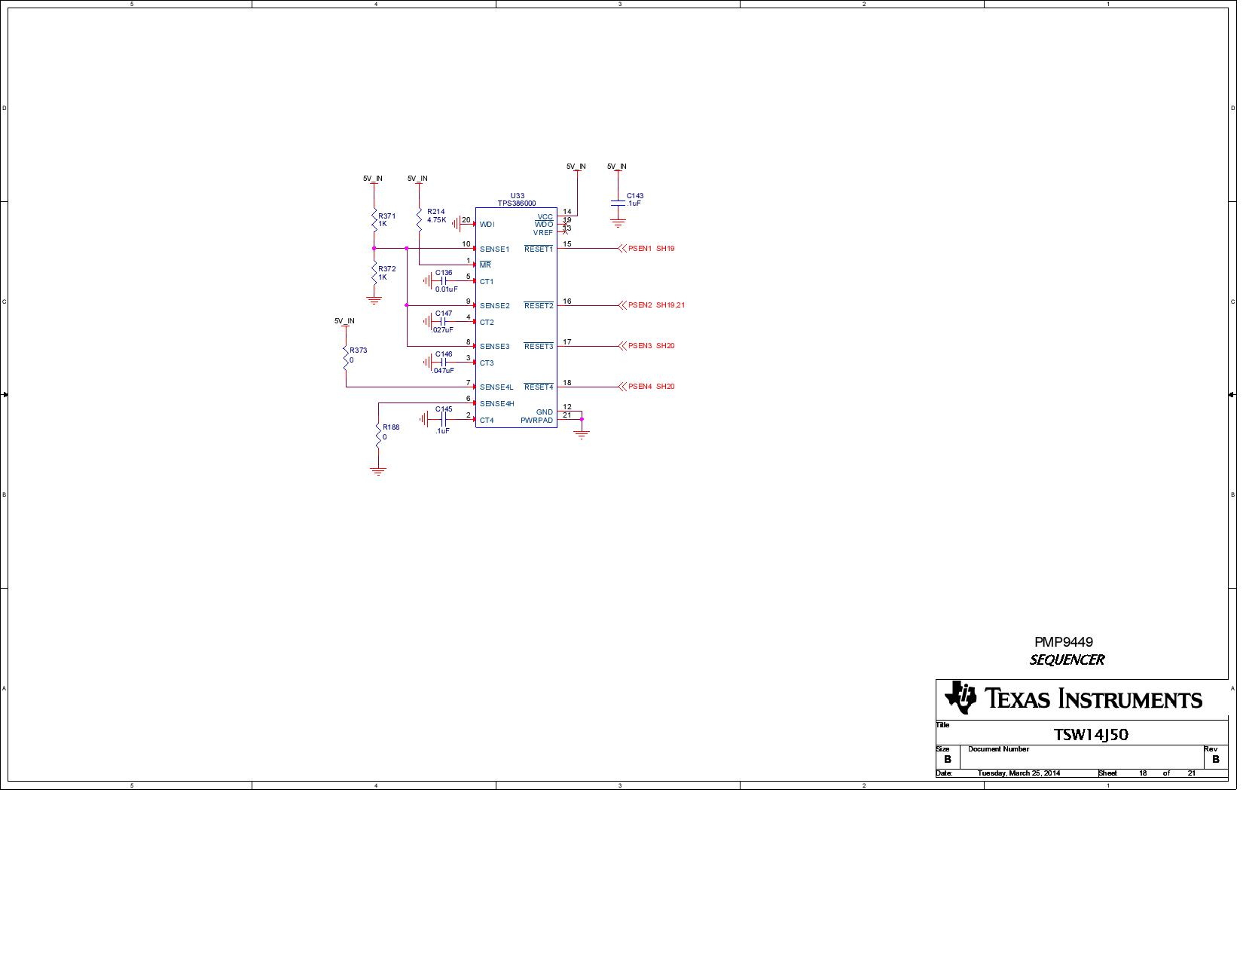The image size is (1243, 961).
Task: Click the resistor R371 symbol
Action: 374,220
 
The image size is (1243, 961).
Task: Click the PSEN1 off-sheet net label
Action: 640,249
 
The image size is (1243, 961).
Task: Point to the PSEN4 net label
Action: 640,387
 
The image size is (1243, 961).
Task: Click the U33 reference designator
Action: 517,196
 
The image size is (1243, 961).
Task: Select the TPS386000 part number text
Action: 517,204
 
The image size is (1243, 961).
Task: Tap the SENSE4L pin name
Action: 496,387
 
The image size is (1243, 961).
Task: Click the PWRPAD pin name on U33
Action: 536,421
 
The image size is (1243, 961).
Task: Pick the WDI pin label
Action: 487,225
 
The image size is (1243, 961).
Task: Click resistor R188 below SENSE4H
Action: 378,433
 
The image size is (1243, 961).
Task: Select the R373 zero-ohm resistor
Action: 346,356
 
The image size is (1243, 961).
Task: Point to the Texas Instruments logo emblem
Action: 960,698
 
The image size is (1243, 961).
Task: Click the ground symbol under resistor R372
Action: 374,300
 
